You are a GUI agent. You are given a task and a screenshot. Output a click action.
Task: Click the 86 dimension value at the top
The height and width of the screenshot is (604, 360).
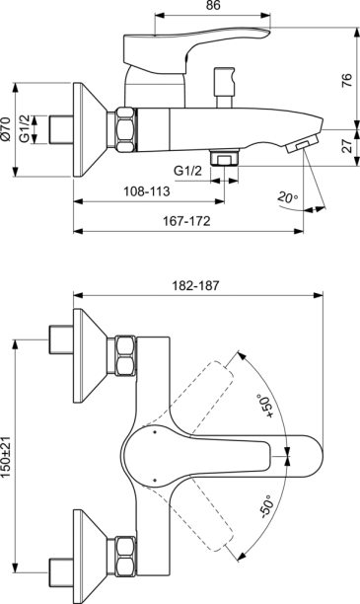[x=212, y=6]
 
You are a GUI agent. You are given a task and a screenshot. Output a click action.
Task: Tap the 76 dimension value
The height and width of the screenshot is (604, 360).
[x=347, y=79]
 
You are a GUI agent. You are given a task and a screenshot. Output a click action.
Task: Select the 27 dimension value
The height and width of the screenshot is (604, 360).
[x=347, y=146]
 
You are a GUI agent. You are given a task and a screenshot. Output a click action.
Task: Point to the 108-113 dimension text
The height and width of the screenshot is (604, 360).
[x=146, y=191]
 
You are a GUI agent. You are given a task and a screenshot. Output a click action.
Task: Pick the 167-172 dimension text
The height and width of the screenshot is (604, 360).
[x=186, y=221]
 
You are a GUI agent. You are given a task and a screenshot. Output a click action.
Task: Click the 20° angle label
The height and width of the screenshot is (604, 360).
[x=287, y=197]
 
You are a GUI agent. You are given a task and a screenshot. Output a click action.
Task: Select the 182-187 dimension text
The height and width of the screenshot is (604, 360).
[x=195, y=285]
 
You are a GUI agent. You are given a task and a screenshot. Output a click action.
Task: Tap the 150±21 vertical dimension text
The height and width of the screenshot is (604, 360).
[x=6, y=458]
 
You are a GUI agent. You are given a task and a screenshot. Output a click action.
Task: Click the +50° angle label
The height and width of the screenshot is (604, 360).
[x=266, y=406]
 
